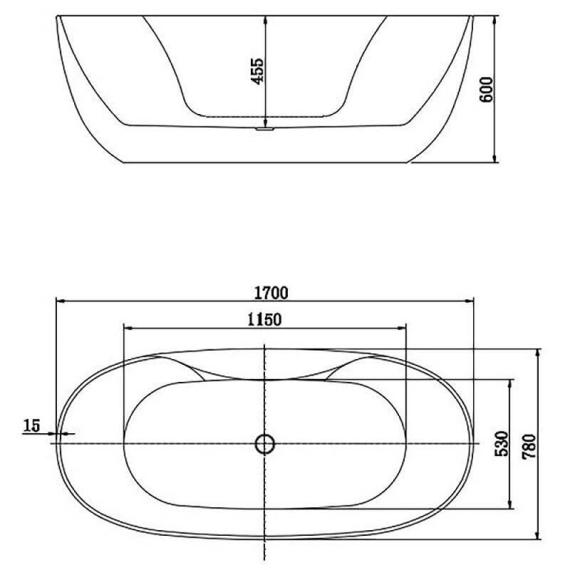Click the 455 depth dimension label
tap(258, 71)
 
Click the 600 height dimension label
tap(487, 90)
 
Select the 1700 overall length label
tap(271, 293)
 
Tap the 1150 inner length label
tap(264, 320)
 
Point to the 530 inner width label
tap(502, 443)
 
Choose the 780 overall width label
tap(529, 447)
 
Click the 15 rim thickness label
tap(31, 425)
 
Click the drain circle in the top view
tap(265, 444)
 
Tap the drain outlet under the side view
tap(264, 129)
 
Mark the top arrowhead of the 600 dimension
tap(494, 21)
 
